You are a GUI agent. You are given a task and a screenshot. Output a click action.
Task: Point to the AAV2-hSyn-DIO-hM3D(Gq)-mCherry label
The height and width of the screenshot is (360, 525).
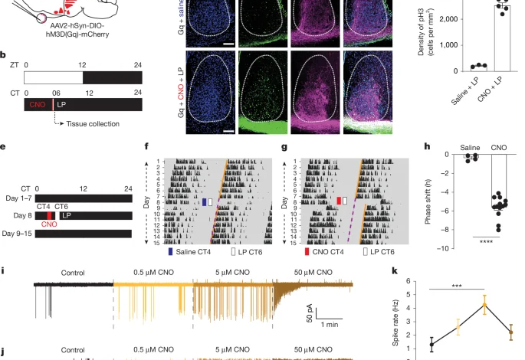(66, 30)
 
